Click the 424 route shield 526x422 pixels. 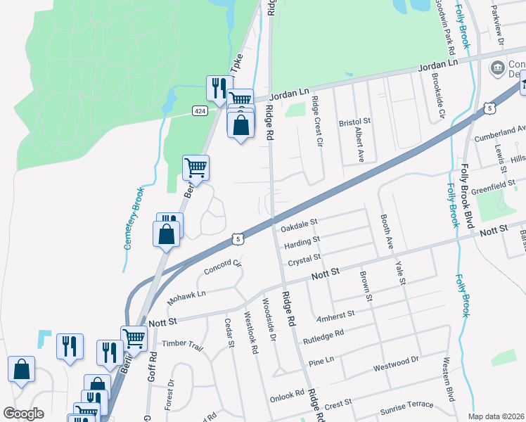pyautogui.click(x=200, y=111)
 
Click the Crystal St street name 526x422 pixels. pyautogui.click(x=304, y=261)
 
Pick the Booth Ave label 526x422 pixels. pyautogui.click(x=386, y=233)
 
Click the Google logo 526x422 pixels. pyautogui.click(x=23, y=414)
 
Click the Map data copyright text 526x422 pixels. pyautogui.click(x=496, y=416)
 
